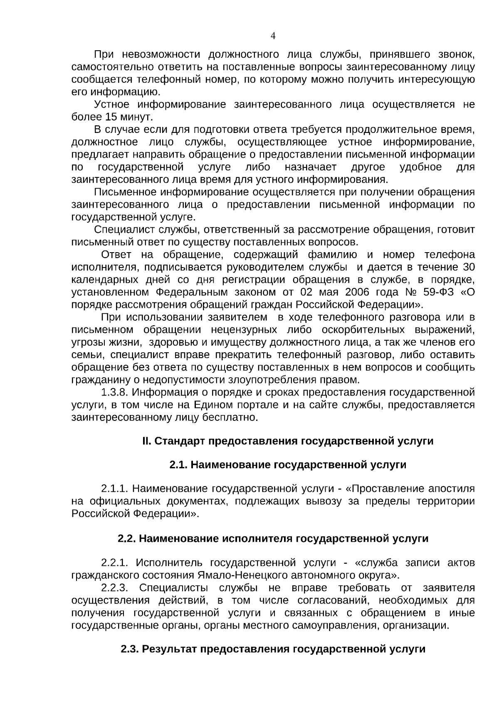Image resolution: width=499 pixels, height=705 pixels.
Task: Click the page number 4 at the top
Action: (x=273, y=36)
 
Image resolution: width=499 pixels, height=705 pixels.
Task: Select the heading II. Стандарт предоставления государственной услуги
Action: (x=288, y=441)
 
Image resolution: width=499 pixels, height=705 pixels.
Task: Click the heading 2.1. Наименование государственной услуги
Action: (x=288, y=465)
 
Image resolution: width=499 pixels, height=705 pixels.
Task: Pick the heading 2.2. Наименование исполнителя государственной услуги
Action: (x=273, y=539)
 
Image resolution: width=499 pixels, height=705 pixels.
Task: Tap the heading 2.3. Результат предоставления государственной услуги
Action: (x=273, y=649)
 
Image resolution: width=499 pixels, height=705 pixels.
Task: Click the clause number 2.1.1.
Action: (x=115, y=489)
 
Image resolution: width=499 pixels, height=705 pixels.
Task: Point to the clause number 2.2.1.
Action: (x=115, y=563)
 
